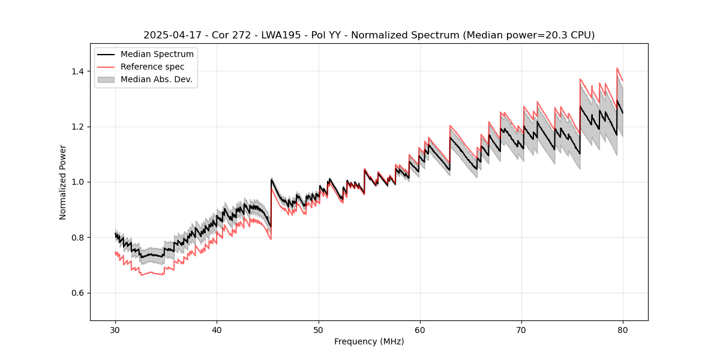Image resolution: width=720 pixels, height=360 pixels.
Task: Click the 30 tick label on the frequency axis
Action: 115,329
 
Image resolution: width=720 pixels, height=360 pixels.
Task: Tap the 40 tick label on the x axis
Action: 217,329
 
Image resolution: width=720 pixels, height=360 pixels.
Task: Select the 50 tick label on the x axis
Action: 318,329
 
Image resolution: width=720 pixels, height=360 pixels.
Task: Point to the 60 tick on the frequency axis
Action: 419,329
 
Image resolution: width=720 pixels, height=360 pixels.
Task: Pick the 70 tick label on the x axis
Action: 521,329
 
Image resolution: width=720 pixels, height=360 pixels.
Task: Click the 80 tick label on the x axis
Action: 622,329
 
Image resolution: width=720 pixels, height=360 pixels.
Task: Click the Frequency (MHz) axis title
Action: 369,341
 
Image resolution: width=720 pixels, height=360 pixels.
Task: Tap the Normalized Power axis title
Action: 63,182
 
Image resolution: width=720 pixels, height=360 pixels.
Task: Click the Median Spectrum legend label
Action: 157,55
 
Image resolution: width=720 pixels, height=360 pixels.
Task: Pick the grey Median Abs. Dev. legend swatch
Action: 107,79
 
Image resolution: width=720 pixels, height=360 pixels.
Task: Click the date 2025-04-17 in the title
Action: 169,35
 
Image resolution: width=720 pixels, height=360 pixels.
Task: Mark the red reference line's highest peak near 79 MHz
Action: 617,68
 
